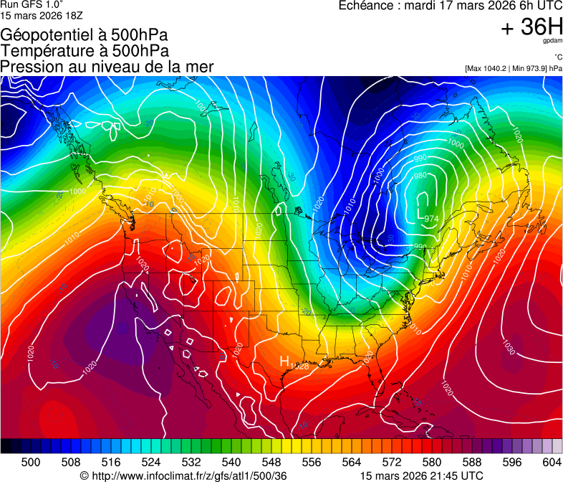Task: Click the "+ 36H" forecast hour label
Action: tap(532, 27)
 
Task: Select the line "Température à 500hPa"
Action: tap(85, 51)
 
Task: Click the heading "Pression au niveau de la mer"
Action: tap(107, 67)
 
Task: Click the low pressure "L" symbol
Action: tap(420, 214)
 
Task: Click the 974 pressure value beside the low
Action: tap(431, 219)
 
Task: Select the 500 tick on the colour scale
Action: tap(31, 461)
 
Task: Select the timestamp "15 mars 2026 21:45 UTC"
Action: tap(421, 476)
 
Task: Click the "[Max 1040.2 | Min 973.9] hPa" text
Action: tap(513, 68)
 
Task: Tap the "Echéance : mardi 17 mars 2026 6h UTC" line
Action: tap(450, 6)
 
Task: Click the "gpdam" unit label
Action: tap(553, 41)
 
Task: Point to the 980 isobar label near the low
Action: tap(420, 176)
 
